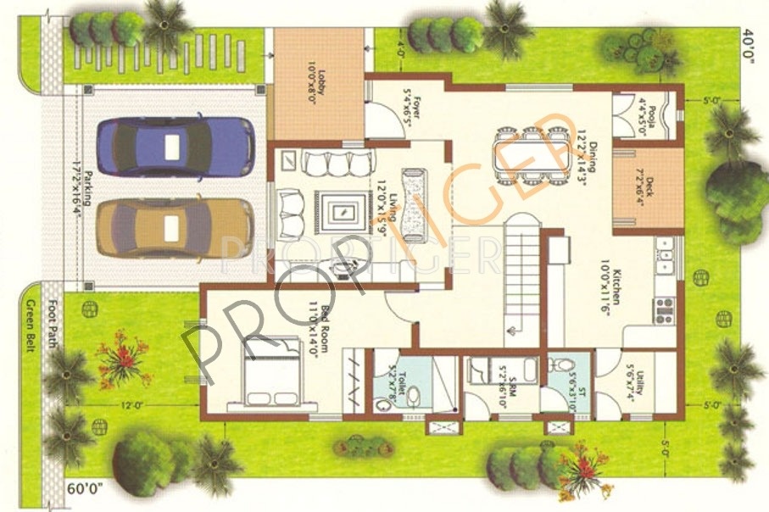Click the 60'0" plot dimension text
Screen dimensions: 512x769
[86, 489]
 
